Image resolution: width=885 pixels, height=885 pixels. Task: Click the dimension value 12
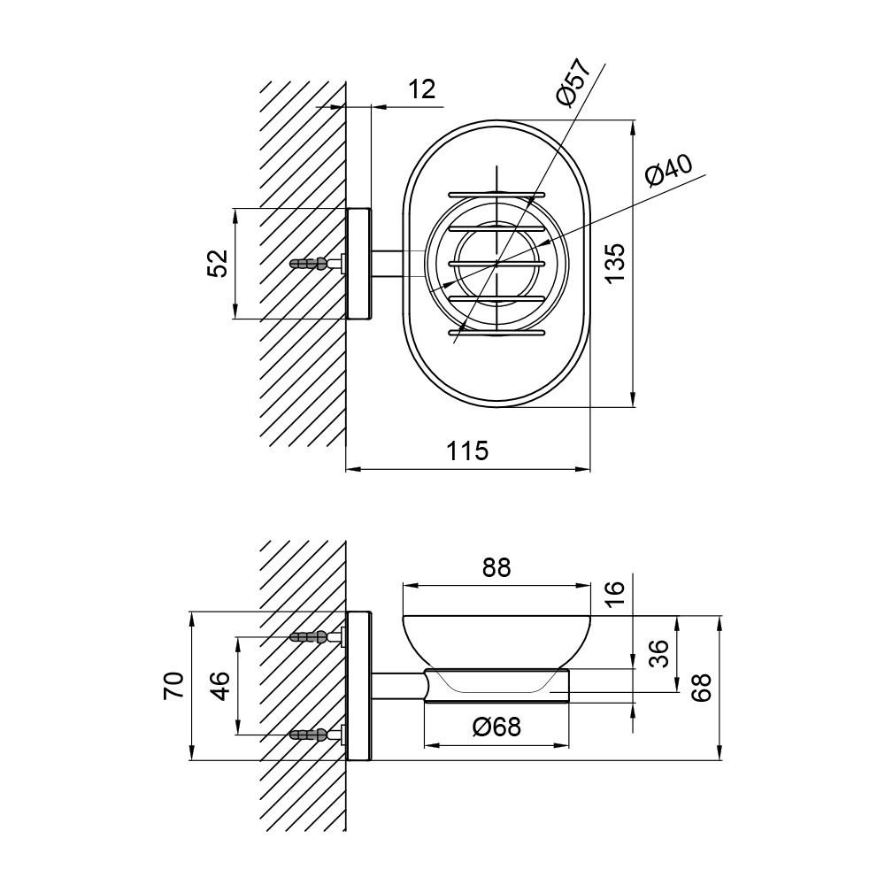click(422, 89)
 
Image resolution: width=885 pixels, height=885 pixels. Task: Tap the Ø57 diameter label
click(573, 81)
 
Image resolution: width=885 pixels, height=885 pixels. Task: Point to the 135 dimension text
click(613, 263)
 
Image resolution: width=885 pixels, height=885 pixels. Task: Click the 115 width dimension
click(467, 450)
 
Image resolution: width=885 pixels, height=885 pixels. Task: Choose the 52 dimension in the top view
click(218, 263)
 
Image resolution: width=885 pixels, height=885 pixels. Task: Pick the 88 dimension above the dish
click(496, 568)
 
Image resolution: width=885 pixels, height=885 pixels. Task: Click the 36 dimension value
click(658, 654)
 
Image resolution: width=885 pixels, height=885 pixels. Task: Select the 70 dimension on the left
click(173, 685)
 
